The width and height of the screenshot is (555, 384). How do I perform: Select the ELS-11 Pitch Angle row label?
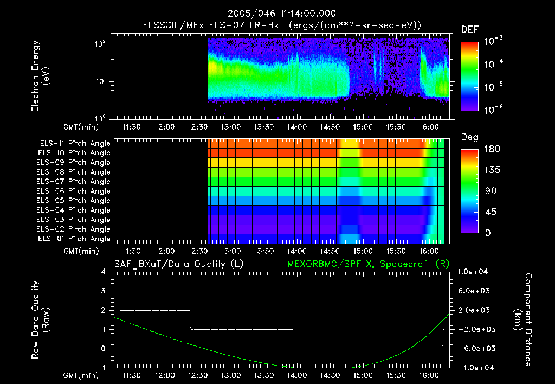[x=75, y=143]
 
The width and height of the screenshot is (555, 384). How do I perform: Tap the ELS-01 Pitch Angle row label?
[x=75, y=239]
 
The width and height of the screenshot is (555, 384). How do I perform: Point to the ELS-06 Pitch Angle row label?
[x=75, y=191]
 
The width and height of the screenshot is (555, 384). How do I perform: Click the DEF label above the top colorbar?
[x=469, y=30]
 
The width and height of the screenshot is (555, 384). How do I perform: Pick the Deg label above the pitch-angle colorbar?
[x=469, y=137]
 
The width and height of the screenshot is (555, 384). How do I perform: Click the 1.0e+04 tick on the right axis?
[x=474, y=272]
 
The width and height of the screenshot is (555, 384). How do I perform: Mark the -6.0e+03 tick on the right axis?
[x=474, y=348]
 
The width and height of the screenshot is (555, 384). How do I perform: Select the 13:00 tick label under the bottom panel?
[x=231, y=375]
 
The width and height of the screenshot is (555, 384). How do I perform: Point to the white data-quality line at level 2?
[x=155, y=310]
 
